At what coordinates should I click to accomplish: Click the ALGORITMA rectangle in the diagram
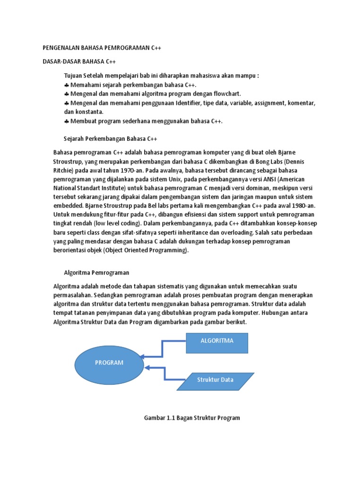click(x=217, y=341)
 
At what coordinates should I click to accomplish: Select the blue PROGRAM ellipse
click(x=109, y=363)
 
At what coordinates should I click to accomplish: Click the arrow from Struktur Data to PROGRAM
click(x=165, y=373)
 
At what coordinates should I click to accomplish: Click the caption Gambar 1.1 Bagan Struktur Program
click(x=191, y=418)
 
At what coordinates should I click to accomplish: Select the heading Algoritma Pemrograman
click(x=96, y=273)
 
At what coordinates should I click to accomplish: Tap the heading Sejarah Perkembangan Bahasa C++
click(x=110, y=139)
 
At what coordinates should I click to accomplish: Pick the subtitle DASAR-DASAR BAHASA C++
click(x=79, y=62)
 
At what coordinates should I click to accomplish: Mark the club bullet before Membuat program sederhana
click(x=67, y=121)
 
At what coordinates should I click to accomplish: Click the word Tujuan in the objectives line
click(x=73, y=76)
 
